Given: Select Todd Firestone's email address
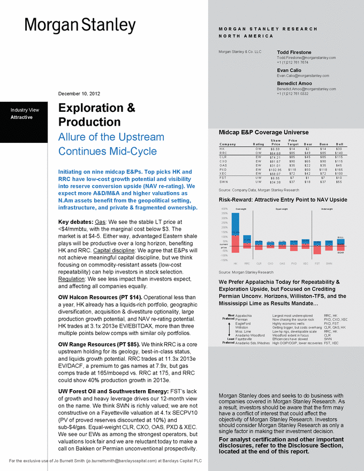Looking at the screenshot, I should pos(306,57).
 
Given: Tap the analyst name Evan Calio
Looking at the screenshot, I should pos(290,70).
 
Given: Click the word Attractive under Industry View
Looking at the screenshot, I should pos(22,117).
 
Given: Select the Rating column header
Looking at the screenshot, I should pos(258,144).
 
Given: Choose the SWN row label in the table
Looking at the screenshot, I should pos(224,183).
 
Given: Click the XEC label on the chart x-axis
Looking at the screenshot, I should pos(305,263).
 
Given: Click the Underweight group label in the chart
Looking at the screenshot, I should pos(327,209).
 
